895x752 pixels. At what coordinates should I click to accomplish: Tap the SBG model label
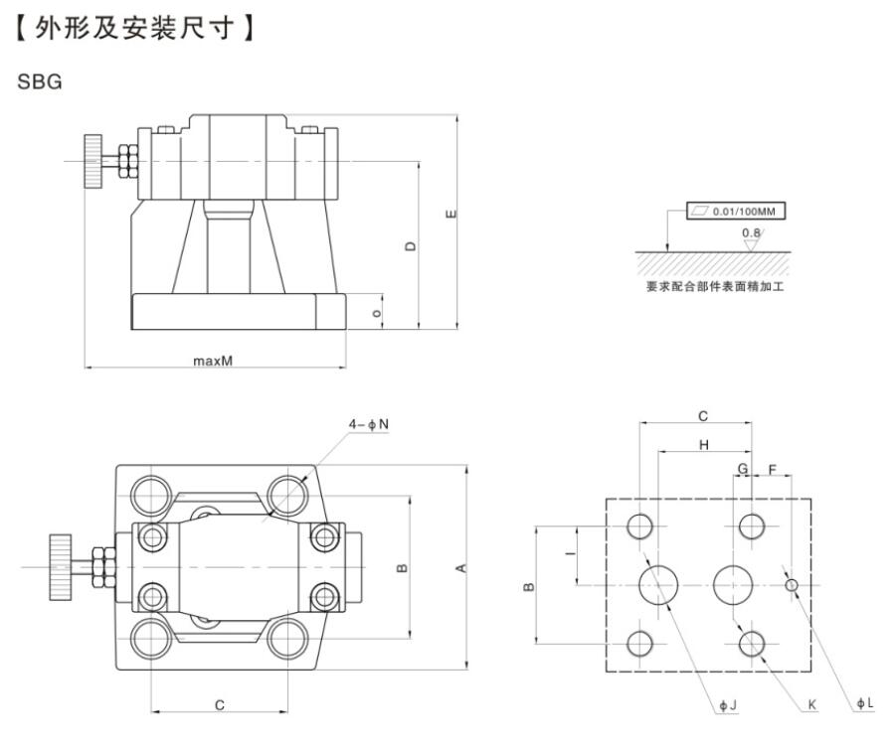click(x=40, y=82)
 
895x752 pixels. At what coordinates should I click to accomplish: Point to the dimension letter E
click(x=450, y=214)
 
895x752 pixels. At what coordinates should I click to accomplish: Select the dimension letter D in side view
click(x=410, y=245)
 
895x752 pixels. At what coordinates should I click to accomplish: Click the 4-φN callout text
click(x=368, y=425)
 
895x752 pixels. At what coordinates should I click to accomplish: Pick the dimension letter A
click(x=460, y=568)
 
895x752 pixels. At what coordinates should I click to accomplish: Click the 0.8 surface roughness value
click(x=751, y=233)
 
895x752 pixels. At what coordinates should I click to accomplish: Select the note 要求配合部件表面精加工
click(x=714, y=287)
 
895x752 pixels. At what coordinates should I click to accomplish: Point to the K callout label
click(x=811, y=705)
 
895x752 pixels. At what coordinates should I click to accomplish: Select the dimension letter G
click(x=742, y=467)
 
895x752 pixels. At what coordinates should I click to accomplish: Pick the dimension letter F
click(x=773, y=467)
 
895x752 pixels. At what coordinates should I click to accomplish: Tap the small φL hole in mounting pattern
click(x=792, y=585)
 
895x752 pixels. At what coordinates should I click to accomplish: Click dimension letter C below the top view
click(x=219, y=704)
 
